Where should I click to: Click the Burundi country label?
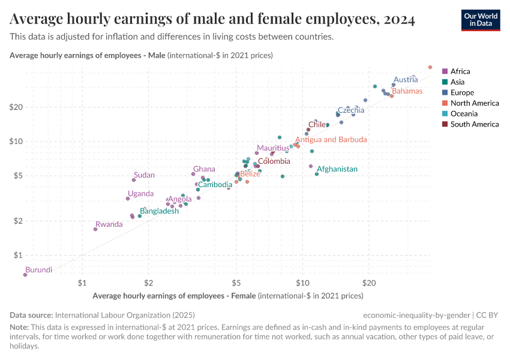pyautogui.click(x=39, y=270)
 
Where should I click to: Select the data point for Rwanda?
pyautogui.click(x=95, y=229)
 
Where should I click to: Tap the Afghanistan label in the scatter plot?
pyautogui.click(x=337, y=169)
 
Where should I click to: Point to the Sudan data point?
pyautogui.click(x=134, y=180)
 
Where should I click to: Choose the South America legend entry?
pyautogui.click(x=474, y=124)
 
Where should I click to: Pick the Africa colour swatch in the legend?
pyautogui.click(x=445, y=71)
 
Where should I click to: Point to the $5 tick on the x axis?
pyautogui.click(x=236, y=281)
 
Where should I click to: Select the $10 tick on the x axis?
pyautogui.click(x=303, y=281)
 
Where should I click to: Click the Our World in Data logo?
pyautogui.click(x=480, y=20)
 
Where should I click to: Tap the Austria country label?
pyautogui.click(x=406, y=80)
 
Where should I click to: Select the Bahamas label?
pyautogui.click(x=407, y=91)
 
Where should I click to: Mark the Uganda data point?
pyautogui.click(x=128, y=199)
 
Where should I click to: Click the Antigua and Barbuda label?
pyautogui.click(x=331, y=140)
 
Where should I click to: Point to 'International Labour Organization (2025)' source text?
pyautogui.click(x=125, y=315)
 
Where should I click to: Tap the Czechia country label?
pyautogui.click(x=351, y=110)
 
